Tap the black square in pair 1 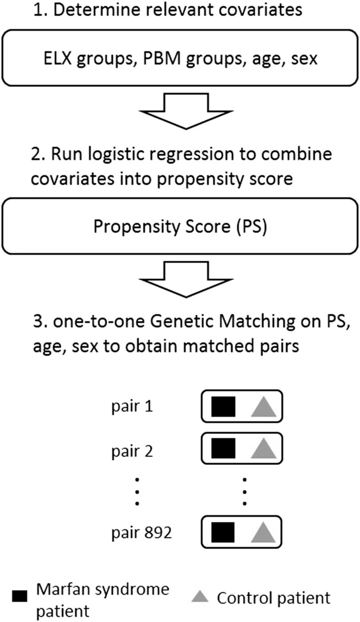(223, 407)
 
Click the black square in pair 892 (223, 533)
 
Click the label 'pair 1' (132, 407)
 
